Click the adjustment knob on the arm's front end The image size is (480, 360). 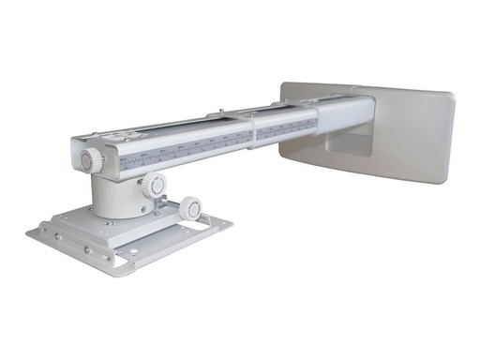pos(86,160)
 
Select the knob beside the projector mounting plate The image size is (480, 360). pos(191,208)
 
